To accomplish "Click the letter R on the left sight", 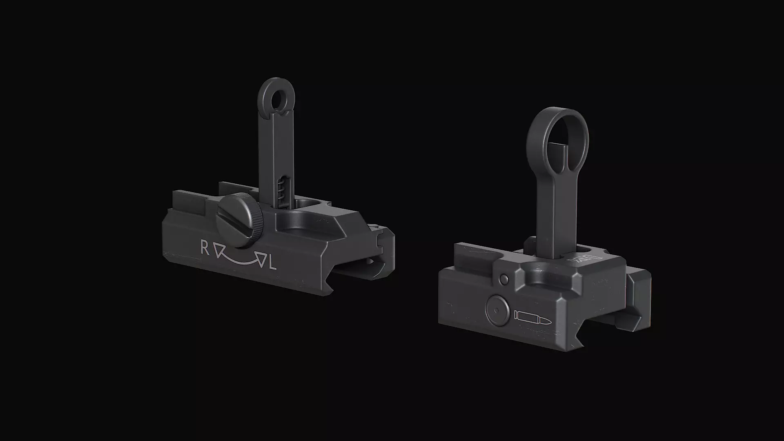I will coord(205,247).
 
